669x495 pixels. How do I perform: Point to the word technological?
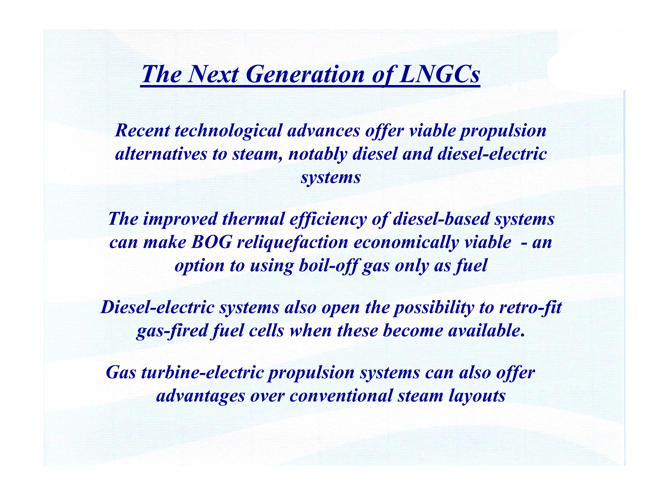tap(228, 131)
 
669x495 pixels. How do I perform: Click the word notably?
tap(317, 155)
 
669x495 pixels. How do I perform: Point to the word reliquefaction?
tap(292, 243)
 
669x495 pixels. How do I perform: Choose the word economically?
tap(406, 243)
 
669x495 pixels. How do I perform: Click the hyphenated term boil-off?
tap(328, 266)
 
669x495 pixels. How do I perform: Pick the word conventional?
tap(341, 396)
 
